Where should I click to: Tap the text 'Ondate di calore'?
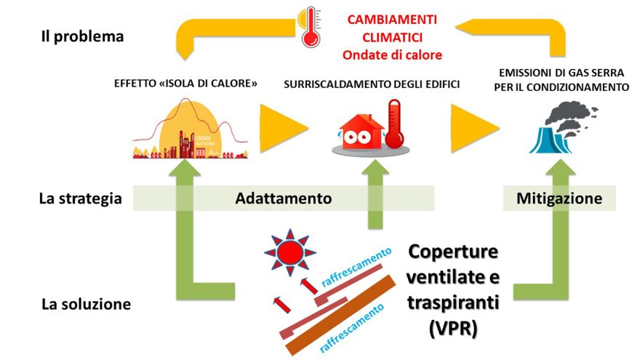tap(392, 55)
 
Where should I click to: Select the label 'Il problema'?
tap(82, 36)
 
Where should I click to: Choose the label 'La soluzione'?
tap(86, 304)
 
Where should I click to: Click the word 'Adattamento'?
tap(284, 199)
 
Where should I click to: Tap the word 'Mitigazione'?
tap(559, 199)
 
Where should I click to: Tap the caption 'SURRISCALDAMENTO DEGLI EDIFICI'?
tap(372, 85)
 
